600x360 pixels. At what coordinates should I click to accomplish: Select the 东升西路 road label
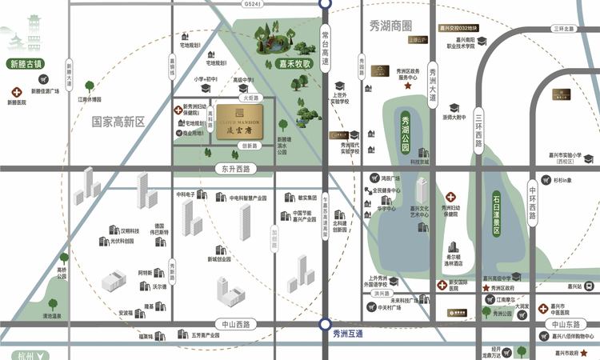tap(232, 169)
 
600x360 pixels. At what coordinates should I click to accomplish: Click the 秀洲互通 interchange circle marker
tap(325, 324)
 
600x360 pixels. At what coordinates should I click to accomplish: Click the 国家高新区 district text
tap(118, 122)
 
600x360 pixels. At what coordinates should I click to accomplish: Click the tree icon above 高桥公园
tap(62, 258)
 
